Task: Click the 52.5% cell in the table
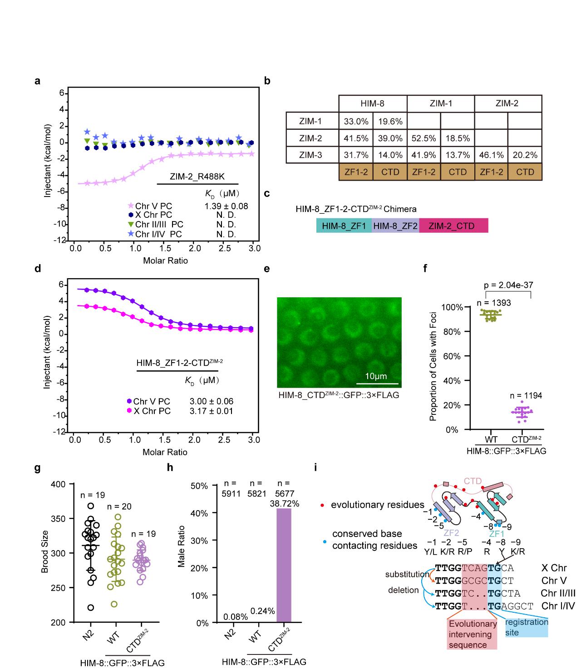click(x=424, y=138)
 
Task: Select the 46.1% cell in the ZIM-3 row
click(x=491, y=155)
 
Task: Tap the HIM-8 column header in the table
click(x=373, y=103)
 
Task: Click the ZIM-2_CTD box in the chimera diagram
click(x=453, y=225)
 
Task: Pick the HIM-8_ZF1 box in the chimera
click(x=344, y=225)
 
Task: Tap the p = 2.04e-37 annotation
click(x=508, y=285)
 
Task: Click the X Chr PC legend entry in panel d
click(x=152, y=411)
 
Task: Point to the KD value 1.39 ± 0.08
click(x=226, y=206)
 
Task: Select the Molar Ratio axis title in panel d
click(x=165, y=452)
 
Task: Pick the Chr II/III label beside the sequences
click(x=558, y=593)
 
